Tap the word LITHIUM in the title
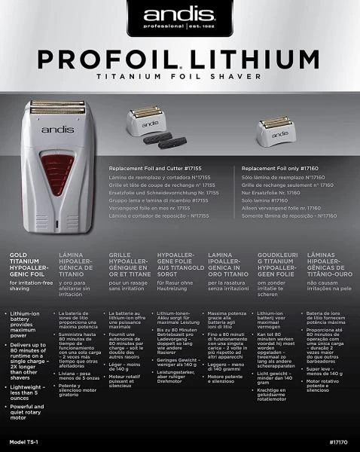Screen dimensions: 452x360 click(246, 59)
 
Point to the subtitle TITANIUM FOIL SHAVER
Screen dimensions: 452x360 click(180, 77)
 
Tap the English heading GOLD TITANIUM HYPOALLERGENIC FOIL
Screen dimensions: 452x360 click(26, 266)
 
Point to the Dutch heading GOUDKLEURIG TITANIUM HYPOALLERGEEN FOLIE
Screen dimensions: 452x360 click(276, 266)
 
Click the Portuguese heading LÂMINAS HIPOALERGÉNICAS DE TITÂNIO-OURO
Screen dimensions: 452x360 click(327, 266)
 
